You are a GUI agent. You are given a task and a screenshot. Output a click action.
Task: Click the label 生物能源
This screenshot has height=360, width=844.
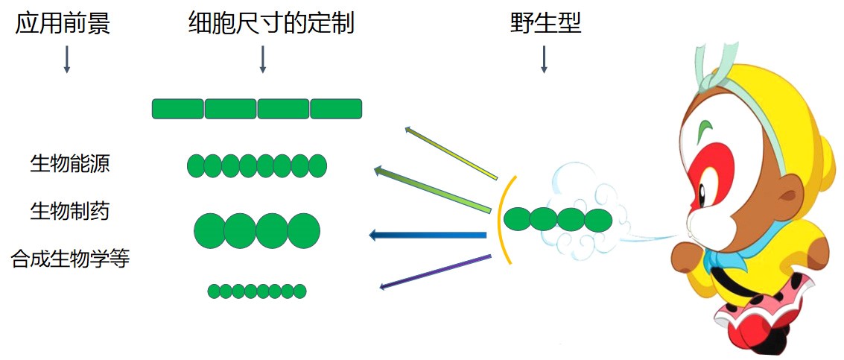click(x=70, y=164)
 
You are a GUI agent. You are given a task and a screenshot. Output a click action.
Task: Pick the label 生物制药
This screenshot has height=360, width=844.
click(x=70, y=211)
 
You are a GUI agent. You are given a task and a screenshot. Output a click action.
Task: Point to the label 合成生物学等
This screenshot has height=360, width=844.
click(x=70, y=259)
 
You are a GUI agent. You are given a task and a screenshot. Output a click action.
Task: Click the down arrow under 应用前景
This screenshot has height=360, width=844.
click(x=66, y=59)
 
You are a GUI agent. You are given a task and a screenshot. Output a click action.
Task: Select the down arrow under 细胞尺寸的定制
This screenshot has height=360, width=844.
click(x=262, y=59)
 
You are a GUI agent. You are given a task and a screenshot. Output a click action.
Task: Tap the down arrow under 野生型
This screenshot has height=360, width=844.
click(x=544, y=59)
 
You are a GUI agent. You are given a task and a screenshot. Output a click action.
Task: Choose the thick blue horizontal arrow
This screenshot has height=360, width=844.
click(x=428, y=236)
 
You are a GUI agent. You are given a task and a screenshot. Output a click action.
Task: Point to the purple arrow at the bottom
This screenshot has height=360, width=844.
click(x=436, y=272)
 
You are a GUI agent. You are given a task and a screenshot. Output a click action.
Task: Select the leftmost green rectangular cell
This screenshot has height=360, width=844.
click(x=178, y=109)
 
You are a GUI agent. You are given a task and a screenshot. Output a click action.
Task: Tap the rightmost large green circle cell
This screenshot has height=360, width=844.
click(x=303, y=230)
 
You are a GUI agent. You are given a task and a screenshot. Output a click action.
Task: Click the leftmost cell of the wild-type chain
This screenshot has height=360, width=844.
click(x=517, y=219)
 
